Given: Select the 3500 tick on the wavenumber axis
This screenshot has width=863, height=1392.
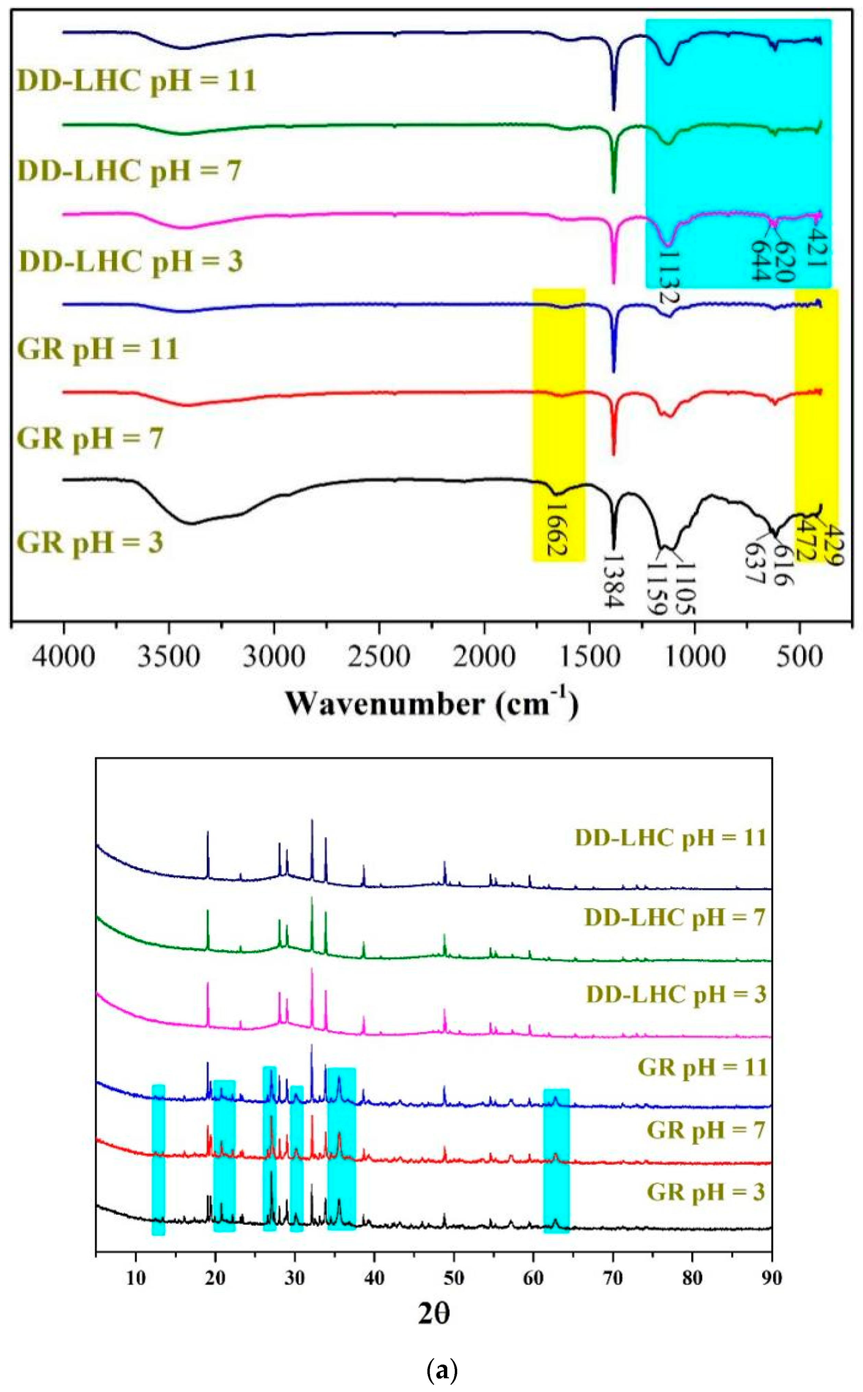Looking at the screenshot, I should pyautogui.click(x=169, y=657).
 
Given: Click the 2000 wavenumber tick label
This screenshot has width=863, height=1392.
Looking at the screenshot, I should pyautogui.click(x=484, y=657).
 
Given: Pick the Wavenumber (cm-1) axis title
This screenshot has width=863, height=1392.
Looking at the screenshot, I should pyautogui.click(x=432, y=703).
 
